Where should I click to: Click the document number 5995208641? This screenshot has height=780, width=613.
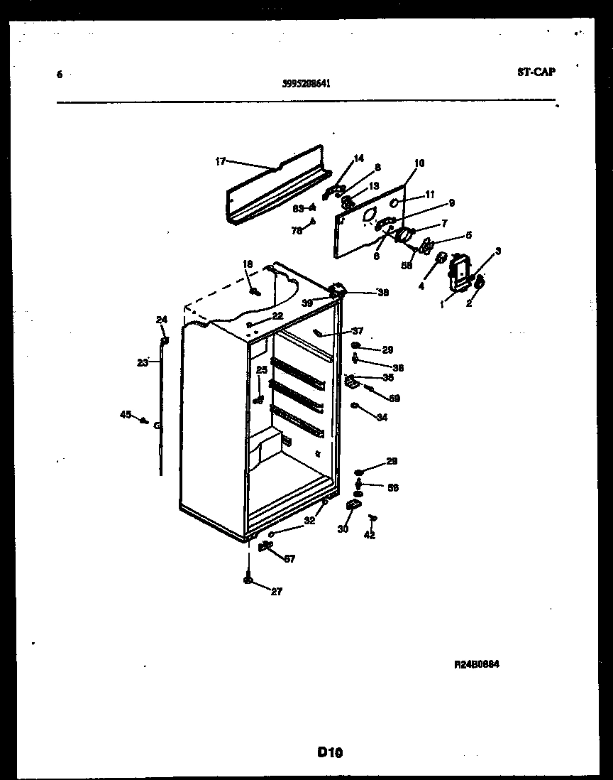[x=305, y=82]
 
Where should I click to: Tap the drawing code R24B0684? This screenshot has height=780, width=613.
[x=477, y=665]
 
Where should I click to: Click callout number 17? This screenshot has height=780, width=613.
[x=220, y=161]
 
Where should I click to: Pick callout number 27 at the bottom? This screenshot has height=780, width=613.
[x=277, y=591]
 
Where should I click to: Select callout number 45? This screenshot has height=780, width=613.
[x=126, y=414]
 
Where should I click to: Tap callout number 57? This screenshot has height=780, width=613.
[x=289, y=559]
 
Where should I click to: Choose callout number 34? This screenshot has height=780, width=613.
[x=382, y=418]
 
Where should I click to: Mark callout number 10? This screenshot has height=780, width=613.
[x=419, y=163]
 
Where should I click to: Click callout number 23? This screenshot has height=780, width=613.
[x=143, y=362]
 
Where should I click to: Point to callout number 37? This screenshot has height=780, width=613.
[x=358, y=331]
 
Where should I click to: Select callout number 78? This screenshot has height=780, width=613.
[x=297, y=230]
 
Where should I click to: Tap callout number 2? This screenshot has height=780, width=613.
[x=468, y=304]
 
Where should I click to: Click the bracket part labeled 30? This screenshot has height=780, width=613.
[x=353, y=505]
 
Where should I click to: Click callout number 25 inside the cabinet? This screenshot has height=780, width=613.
[x=262, y=370]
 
